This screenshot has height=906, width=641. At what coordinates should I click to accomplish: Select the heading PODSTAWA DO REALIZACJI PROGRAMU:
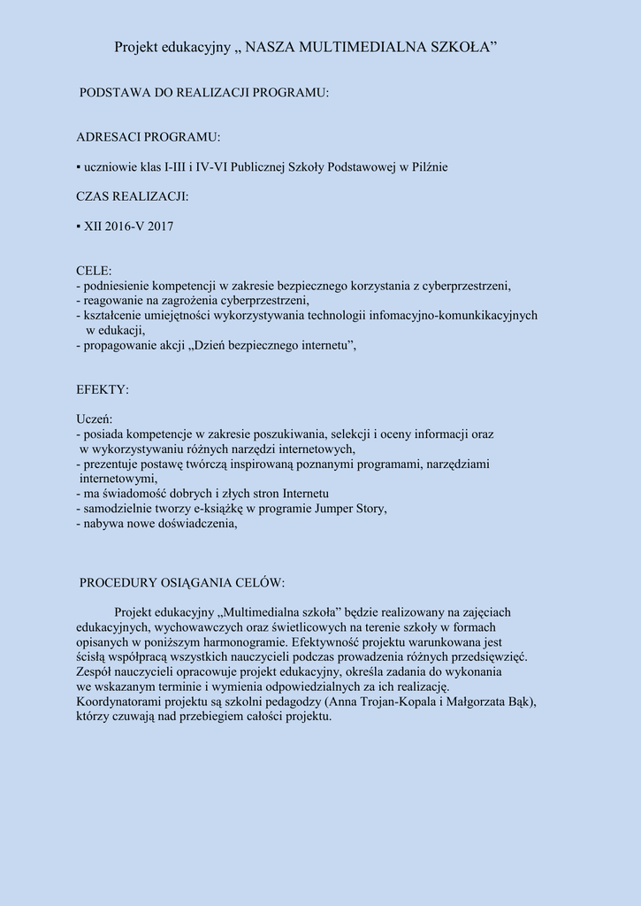(x=204, y=93)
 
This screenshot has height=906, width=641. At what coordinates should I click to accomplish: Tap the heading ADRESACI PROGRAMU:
(x=149, y=137)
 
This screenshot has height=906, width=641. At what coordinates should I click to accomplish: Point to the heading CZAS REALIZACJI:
(x=133, y=196)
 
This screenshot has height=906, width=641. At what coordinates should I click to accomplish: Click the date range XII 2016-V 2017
(x=129, y=226)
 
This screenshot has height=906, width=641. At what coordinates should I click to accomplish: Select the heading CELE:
(x=95, y=271)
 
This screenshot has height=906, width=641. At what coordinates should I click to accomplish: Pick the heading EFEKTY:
(x=103, y=389)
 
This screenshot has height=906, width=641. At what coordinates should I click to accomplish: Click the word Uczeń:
(x=95, y=419)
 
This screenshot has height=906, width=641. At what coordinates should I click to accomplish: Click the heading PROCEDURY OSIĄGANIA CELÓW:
(x=182, y=583)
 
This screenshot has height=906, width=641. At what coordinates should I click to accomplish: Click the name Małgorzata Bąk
(x=492, y=702)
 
